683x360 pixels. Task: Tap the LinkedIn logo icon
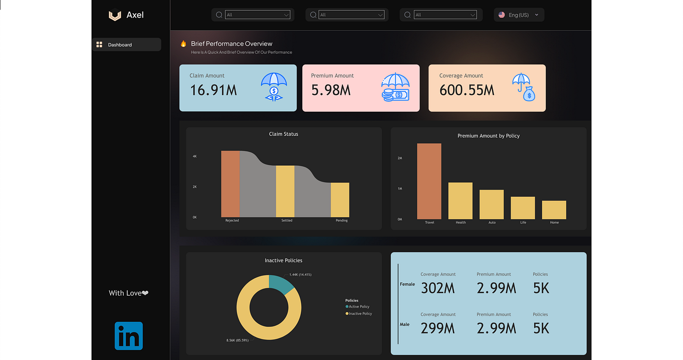[129, 336]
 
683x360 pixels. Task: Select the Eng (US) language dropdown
[519, 15]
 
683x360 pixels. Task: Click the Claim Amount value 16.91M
[213, 91]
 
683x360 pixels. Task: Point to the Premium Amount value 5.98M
[330, 91]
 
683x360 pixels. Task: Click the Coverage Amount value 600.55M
[467, 91]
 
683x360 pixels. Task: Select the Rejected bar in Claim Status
[230, 184]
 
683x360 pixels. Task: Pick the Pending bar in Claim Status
[340, 200]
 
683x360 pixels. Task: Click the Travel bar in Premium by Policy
[429, 181]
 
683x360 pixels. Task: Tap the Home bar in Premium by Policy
[554, 210]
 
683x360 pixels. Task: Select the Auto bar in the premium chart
[491, 204]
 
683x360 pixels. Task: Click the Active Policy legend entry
[358, 307]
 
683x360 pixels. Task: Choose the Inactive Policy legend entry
[359, 314]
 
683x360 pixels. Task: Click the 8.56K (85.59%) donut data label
[237, 340]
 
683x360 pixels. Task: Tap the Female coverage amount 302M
[438, 288]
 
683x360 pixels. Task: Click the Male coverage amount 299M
[438, 328]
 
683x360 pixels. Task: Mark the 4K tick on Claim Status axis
[195, 156]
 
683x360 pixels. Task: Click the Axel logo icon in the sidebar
[115, 16]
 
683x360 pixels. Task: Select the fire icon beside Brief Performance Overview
[183, 44]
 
